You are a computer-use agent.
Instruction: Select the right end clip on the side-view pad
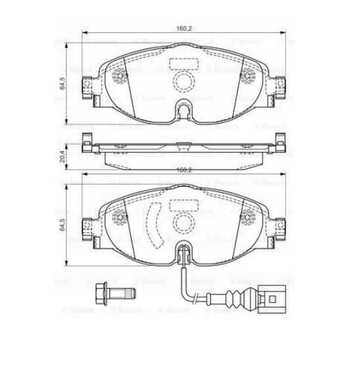tap(279, 144)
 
